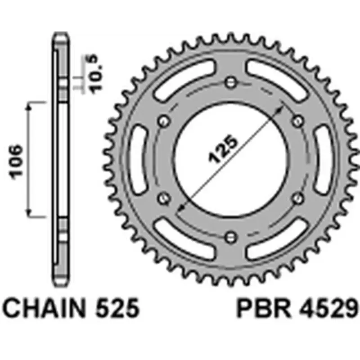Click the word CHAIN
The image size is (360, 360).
click(x=44, y=310)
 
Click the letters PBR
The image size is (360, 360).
click(x=255, y=310)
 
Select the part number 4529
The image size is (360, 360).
click(x=323, y=310)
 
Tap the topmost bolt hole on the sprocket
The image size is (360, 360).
click(x=231, y=81)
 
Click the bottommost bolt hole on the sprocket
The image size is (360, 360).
click(x=231, y=236)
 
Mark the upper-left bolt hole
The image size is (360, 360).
click(x=164, y=120)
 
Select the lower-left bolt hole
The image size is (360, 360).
click(x=164, y=197)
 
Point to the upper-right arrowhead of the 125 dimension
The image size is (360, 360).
click(x=281, y=108)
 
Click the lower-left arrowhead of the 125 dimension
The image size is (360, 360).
click(x=180, y=209)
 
